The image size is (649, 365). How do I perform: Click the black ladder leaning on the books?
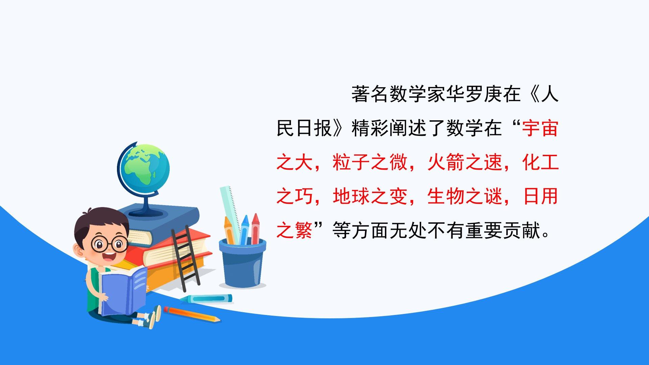click(185, 259)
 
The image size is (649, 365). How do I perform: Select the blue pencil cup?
click(242, 262)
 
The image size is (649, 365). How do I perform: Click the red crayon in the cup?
click(255, 228)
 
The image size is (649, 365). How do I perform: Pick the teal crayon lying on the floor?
click(206, 299)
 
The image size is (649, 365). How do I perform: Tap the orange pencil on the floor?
click(192, 314)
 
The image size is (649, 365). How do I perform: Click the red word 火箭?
click(446, 163)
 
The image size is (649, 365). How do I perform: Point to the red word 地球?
click(352, 196)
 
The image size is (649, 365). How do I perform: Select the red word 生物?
click(446, 196)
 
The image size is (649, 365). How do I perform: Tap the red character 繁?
click(304, 230)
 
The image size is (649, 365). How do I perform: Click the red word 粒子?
click(352, 163)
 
